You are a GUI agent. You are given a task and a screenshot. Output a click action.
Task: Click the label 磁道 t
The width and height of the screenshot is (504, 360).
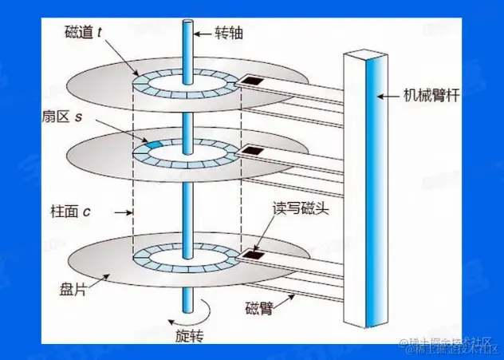click(x=82, y=35)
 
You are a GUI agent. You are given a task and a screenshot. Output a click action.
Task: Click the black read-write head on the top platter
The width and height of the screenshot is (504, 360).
click(x=254, y=81)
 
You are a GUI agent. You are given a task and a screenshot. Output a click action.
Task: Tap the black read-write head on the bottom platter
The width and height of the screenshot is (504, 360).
click(x=254, y=255)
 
